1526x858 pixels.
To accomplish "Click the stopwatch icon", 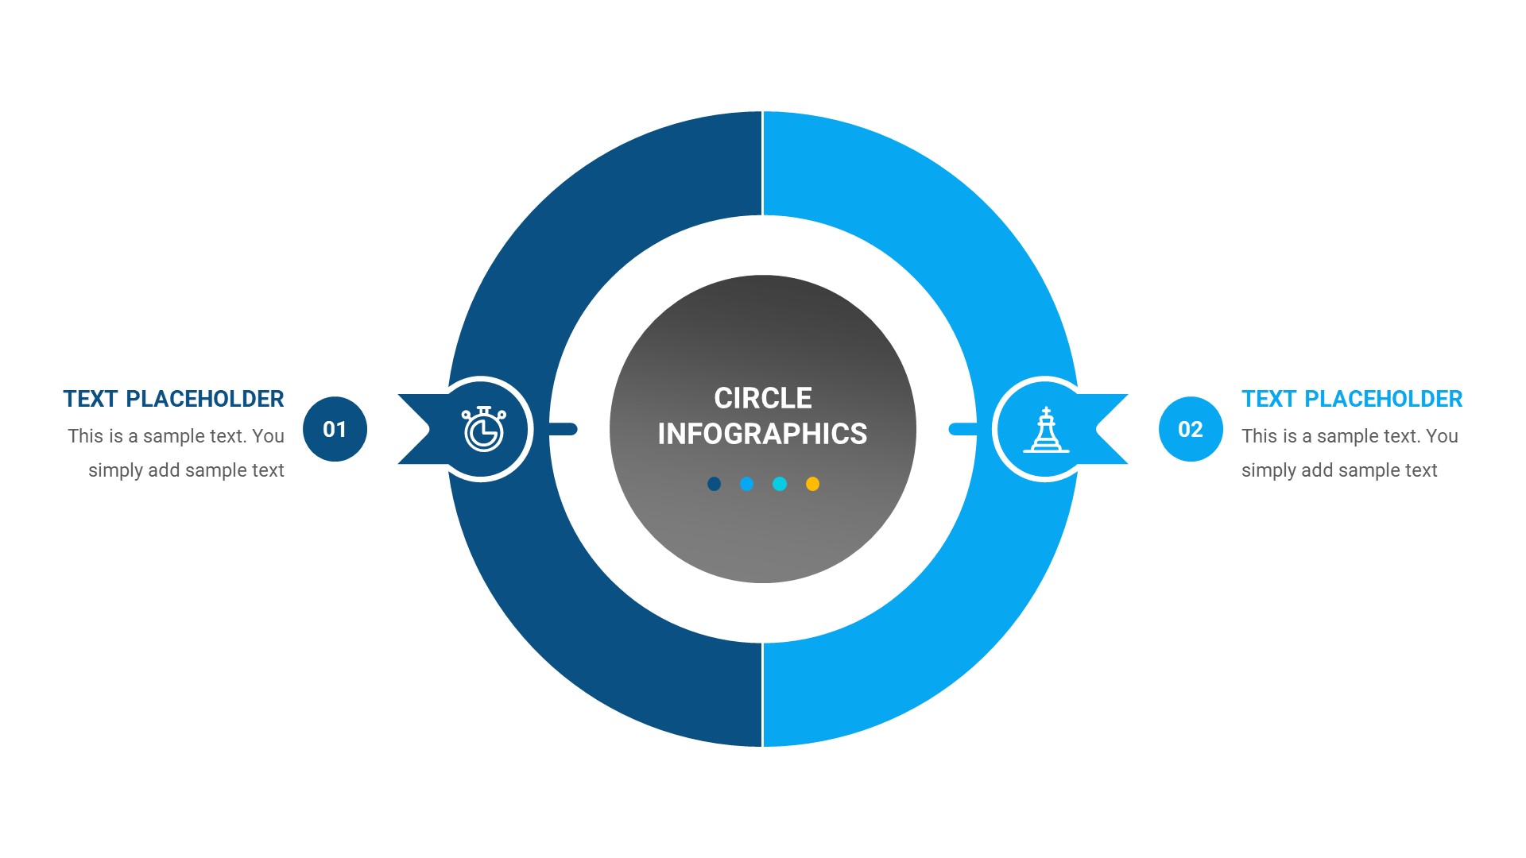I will click(483, 430).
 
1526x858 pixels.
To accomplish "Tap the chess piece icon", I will click(1046, 430).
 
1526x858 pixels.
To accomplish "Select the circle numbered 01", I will click(335, 429).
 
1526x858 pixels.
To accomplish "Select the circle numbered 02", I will click(1190, 429).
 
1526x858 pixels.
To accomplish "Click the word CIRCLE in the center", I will click(762, 398).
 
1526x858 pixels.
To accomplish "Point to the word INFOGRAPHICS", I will click(762, 434).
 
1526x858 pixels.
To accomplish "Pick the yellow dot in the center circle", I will click(812, 484).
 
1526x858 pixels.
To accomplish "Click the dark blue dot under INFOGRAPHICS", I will click(714, 484).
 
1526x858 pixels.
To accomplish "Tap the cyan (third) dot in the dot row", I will click(780, 484).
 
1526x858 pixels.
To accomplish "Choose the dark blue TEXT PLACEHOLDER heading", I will click(173, 399).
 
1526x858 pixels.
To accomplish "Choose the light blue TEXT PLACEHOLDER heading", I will click(1351, 399).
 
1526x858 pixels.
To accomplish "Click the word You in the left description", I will click(268, 436).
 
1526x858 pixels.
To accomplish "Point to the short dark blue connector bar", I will click(564, 429).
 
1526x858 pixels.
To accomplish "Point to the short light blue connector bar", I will click(962, 429).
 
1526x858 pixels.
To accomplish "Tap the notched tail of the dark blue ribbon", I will click(415, 429).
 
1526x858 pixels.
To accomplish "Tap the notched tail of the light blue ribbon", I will click(1110, 429).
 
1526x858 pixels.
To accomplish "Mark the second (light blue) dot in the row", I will click(746, 484).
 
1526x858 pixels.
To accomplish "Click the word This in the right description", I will click(1258, 436).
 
